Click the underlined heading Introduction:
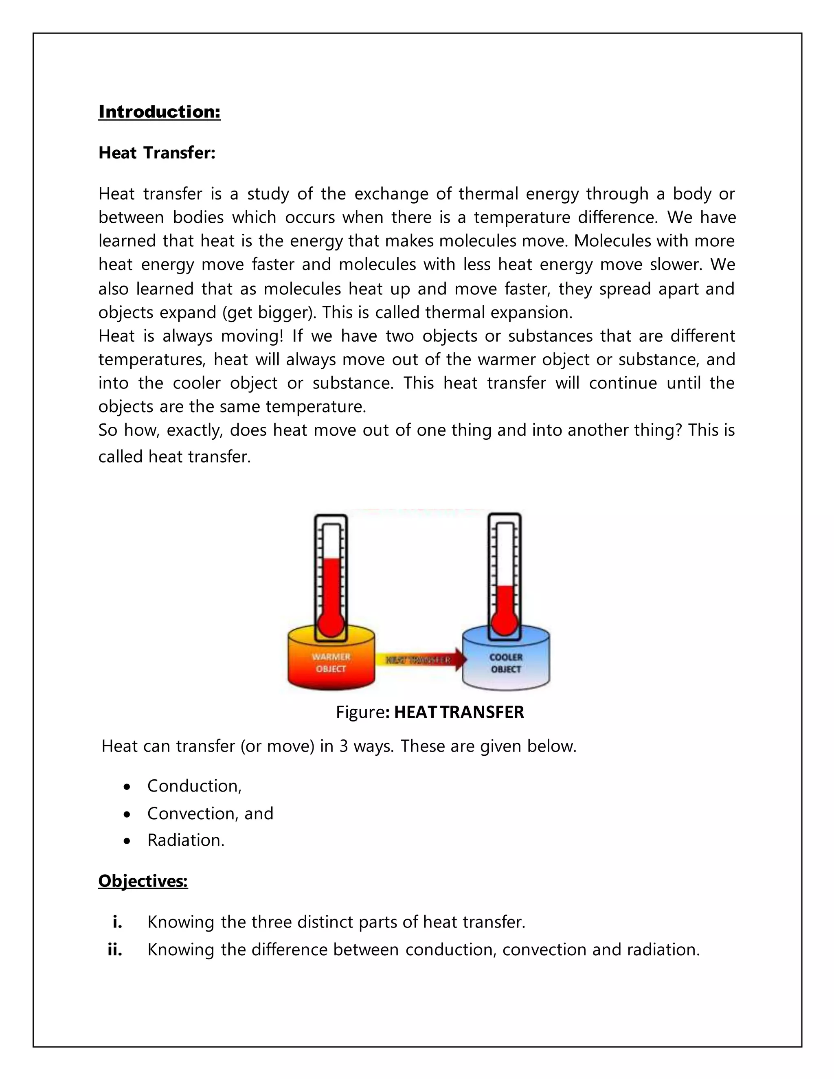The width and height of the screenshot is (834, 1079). click(159, 112)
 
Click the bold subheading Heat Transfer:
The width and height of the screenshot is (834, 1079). click(157, 153)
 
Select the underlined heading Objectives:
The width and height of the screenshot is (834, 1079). click(143, 881)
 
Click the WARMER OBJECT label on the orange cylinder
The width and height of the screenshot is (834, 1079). click(331, 663)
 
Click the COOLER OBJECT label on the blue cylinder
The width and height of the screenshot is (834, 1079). click(505, 663)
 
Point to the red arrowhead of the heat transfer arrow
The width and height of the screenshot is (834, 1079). click(459, 660)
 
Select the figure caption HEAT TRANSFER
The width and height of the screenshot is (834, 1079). click(459, 712)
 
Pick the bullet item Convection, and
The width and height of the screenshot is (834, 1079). click(210, 813)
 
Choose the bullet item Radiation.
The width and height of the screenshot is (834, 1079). click(186, 840)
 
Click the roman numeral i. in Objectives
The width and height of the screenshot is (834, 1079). click(117, 922)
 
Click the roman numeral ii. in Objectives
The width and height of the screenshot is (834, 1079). click(114, 950)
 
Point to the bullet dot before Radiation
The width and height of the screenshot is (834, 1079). click(127, 841)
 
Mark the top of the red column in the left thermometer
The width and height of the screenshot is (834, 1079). click(331, 559)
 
